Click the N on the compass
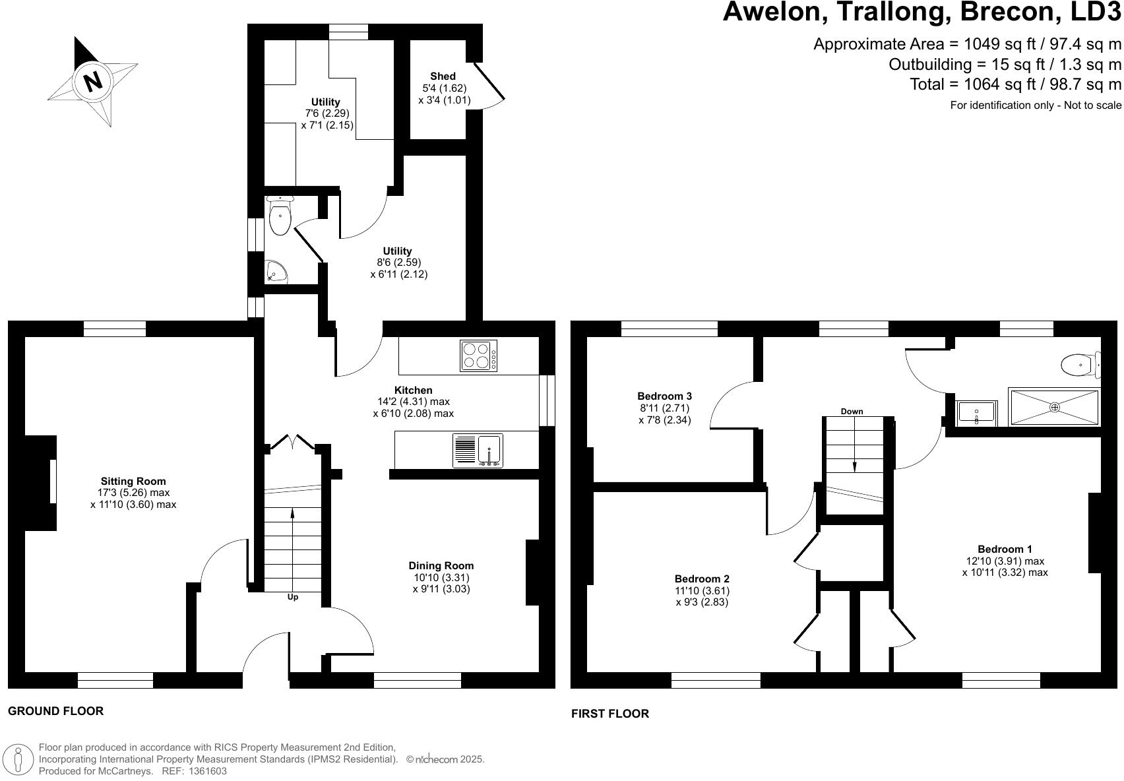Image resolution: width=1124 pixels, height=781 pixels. tap(92, 81)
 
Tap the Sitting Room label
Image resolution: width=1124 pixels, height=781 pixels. tap(133, 481)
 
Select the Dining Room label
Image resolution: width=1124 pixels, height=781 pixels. tap(441, 566)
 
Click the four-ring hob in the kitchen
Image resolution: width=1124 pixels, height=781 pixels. tap(478, 356)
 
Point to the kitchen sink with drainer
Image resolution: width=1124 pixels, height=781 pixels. tap(477, 451)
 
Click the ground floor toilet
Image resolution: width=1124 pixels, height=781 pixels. tap(280, 215)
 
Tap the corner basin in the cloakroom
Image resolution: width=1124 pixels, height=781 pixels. tap(276, 272)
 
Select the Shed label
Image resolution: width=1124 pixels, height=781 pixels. tap(443, 77)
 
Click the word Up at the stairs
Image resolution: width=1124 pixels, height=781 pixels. tap(292, 597)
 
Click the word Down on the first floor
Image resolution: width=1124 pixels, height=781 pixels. tap(852, 412)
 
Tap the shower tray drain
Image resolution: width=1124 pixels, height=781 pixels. tap(1054, 407)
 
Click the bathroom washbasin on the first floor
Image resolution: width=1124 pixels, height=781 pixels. tap(976, 413)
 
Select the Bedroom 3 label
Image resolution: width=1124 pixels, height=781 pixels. tap(664, 396)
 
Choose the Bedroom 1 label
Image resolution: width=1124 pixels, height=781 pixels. tap(1005, 549)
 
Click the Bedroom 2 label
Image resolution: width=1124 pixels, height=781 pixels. tap(701, 578)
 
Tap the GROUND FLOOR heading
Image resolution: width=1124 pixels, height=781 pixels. tap(55, 710)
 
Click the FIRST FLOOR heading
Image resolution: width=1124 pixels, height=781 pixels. tap(610, 713)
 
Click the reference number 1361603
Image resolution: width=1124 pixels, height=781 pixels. tap(206, 771)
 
